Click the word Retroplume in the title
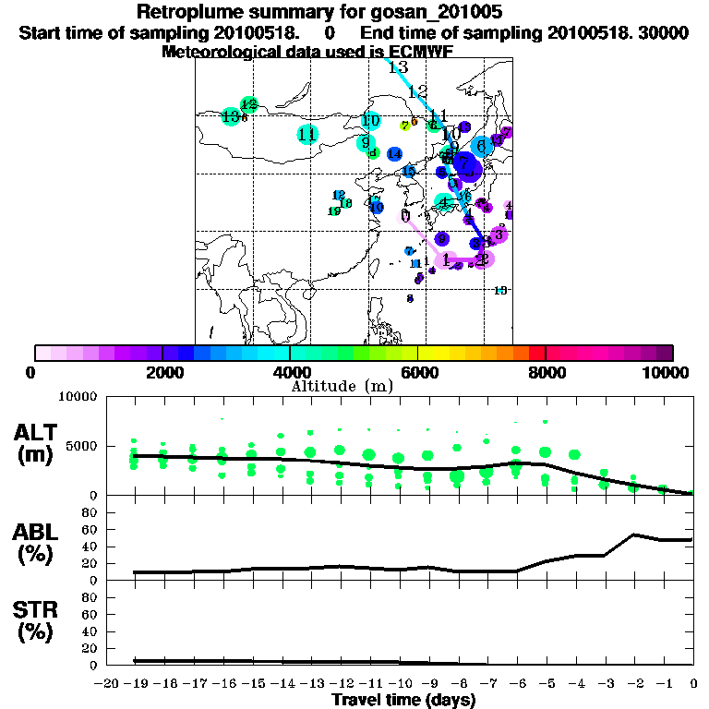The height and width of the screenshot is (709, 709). tap(183, 12)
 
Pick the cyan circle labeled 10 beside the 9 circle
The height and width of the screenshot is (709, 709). tap(371, 121)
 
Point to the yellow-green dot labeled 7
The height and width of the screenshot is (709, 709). tap(404, 126)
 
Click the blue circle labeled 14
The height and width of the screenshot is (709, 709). tap(394, 154)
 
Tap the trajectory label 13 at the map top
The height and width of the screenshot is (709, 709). tap(398, 68)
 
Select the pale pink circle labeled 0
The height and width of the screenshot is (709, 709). tap(405, 216)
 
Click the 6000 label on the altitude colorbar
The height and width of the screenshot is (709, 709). tap(418, 373)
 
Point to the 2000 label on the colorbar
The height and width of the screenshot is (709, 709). tap(162, 373)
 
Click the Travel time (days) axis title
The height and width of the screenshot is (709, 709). tap(403, 700)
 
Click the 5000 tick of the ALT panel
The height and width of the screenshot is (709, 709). tap(81, 447)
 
